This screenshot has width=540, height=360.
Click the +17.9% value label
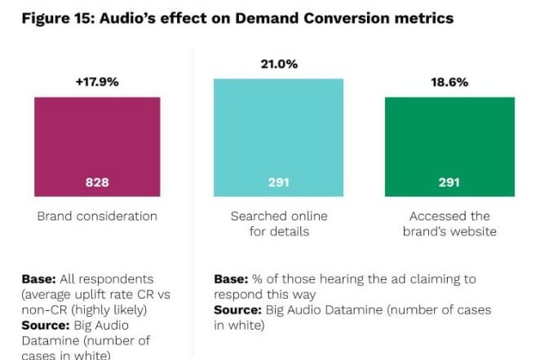tap(97, 82)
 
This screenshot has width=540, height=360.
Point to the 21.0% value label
tap(278, 64)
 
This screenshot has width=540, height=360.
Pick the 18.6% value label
tap(449, 82)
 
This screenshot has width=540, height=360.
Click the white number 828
tap(97, 182)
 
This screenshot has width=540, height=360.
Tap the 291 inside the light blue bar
tap(278, 182)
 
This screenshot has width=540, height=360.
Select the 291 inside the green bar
tap(449, 182)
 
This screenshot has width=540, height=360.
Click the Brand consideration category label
tap(97, 216)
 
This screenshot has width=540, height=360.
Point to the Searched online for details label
tap(278, 224)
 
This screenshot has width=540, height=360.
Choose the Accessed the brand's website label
tap(449, 224)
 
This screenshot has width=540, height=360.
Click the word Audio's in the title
tap(129, 18)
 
